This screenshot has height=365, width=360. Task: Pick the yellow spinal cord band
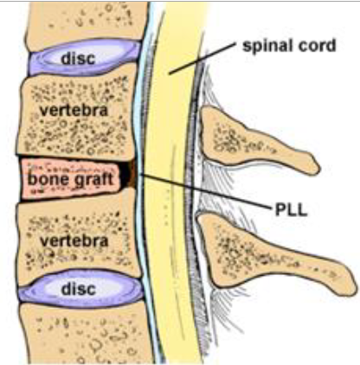click(x=173, y=173)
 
